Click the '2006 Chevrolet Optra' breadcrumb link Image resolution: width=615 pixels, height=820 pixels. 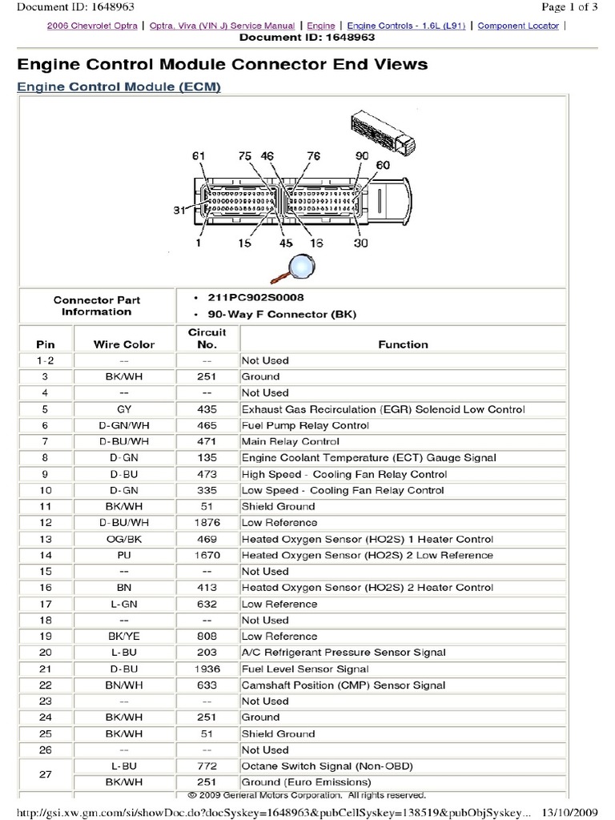[85, 26]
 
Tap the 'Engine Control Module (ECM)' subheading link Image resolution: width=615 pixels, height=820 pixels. [119, 86]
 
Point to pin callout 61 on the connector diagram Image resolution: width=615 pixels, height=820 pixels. [199, 155]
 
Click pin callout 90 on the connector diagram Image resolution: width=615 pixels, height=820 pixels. [362, 155]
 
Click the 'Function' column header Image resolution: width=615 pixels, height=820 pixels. [403, 344]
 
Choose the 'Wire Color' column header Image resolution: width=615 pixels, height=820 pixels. [124, 344]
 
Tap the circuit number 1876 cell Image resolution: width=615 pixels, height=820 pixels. [207, 522]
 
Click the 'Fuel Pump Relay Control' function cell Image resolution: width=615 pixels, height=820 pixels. [305, 425]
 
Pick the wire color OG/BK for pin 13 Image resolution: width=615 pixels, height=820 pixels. [124, 538]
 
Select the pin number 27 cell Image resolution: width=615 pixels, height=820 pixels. [46, 774]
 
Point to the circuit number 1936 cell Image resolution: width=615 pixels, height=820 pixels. [207, 669]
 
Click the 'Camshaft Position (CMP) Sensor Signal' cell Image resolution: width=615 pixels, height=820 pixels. [344, 685]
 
